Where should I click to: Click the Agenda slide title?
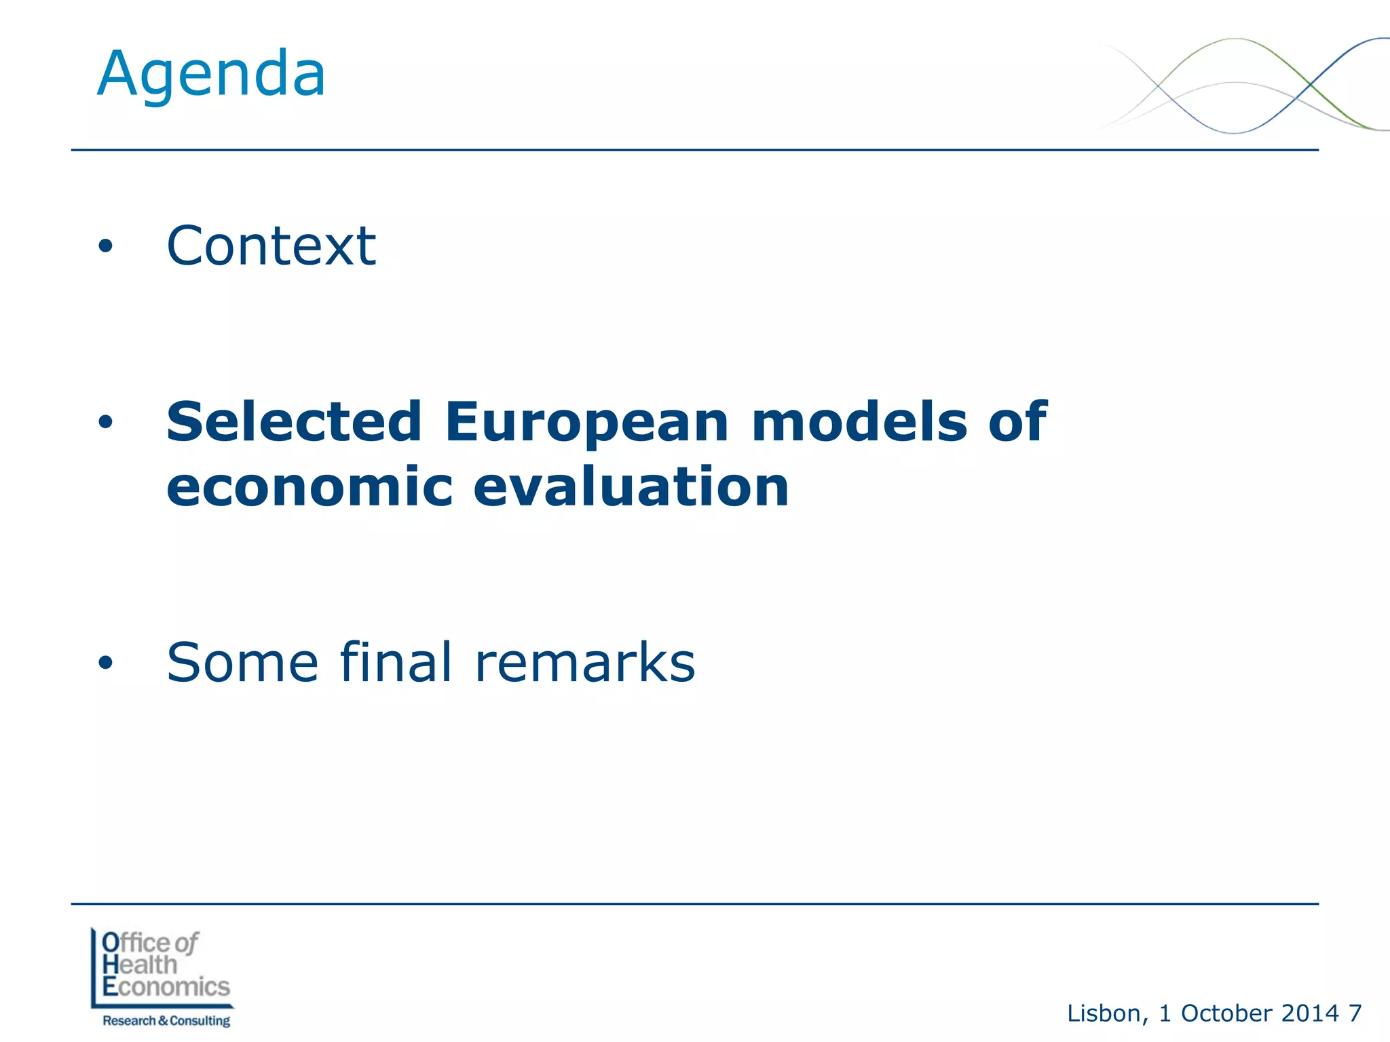[211, 75]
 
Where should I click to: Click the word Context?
[271, 246]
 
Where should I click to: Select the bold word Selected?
[295, 421]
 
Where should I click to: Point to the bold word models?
[859, 421]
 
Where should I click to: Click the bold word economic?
[309, 487]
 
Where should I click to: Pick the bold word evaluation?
[631, 487]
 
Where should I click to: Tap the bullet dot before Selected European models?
[105, 423]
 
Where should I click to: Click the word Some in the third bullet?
[242, 663]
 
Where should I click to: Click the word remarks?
[585, 663]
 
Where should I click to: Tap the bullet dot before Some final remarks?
[105, 663]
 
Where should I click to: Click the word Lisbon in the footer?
[1104, 1014]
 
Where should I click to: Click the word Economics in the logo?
[166, 986]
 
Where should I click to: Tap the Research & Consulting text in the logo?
[166, 1020]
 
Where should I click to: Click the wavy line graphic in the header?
[1242, 85]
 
